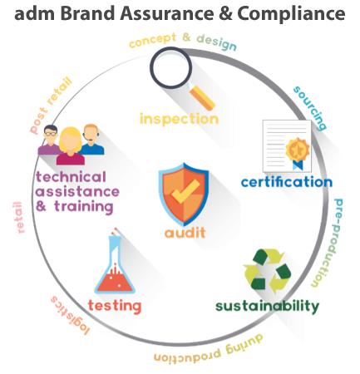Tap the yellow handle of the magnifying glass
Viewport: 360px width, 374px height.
click(203, 98)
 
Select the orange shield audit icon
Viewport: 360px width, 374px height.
click(184, 194)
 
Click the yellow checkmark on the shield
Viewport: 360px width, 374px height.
click(185, 191)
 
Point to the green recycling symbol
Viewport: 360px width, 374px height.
click(267, 271)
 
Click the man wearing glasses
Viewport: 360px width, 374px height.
click(50, 140)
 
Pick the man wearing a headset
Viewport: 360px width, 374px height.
click(91, 139)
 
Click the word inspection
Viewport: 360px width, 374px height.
click(179, 120)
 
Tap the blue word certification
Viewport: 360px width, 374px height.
click(287, 182)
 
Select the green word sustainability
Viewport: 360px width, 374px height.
click(267, 307)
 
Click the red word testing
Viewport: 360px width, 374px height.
click(115, 306)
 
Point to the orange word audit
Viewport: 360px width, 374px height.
click(185, 232)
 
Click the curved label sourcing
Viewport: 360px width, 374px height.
click(310, 108)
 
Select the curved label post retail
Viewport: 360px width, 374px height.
click(51, 106)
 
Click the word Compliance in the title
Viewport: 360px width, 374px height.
click(291, 14)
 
